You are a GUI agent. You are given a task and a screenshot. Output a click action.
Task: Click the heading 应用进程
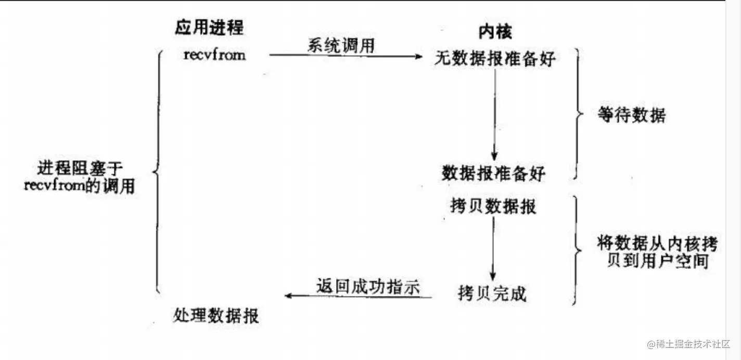209,27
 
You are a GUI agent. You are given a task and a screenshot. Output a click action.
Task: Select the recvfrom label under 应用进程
214,55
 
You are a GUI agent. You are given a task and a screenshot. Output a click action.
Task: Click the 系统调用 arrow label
341,46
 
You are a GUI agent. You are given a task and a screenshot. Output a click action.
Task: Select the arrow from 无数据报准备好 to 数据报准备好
494,114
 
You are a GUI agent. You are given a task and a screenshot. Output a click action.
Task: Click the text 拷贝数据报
493,207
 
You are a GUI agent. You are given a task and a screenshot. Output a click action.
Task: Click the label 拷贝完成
492,293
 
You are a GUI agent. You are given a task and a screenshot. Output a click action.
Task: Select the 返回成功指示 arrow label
368,287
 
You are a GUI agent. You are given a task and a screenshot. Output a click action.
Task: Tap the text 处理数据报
215,315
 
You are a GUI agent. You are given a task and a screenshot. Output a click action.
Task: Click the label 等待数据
631,115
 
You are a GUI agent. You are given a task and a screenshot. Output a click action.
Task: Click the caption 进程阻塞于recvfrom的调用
79,177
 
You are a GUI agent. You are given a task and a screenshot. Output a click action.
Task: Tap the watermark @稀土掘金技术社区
688,344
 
